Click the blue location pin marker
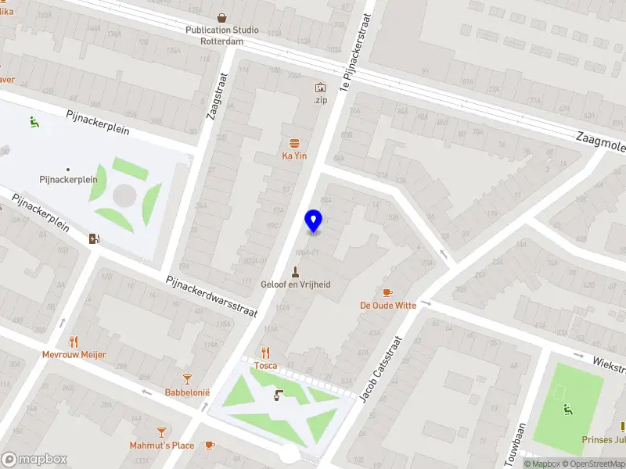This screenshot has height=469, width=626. pos(313,221)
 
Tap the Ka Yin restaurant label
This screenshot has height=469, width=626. pos(294,156)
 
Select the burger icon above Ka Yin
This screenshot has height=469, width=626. pos(294,143)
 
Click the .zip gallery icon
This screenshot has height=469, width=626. pos(319,88)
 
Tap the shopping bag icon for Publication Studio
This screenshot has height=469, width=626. pos(222,17)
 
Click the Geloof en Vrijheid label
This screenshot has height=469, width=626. pos(295,285)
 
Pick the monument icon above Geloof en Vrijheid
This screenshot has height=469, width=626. pos(295,271)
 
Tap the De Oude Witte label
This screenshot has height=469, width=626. pos(388,306)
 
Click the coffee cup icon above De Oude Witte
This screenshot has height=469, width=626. pos(387,292)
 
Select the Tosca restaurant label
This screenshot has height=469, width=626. pos(266,366)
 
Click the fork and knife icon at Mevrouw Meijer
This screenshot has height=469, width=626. pos(74,342)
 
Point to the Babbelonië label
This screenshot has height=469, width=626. pos(187,392)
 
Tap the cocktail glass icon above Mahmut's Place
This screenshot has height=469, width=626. pos(161,431)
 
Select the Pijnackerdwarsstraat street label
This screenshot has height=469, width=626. pos(211,296)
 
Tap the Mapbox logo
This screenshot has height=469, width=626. pos(33,459)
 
